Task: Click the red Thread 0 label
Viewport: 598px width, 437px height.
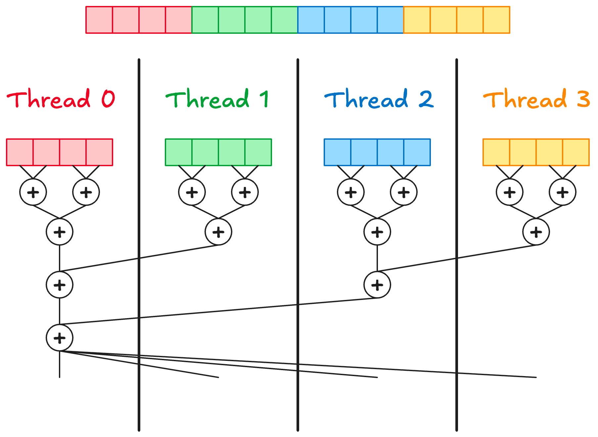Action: coord(61,99)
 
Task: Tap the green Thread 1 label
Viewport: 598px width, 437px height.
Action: coord(217,99)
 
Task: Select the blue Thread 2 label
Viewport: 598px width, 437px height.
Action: coord(379,99)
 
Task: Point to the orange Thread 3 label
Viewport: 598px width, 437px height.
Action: coord(536,99)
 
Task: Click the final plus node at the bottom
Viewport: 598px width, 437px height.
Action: coord(60,338)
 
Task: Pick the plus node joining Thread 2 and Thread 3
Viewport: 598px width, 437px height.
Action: coord(377,285)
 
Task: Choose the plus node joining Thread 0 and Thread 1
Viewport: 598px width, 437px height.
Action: coord(60,285)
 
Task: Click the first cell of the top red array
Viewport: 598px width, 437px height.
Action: coord(99,20)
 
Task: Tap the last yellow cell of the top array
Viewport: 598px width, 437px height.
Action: coord(496,20)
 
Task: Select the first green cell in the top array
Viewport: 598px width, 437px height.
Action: coord(205,20)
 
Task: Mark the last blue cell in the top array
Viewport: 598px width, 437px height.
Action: coord(391,20)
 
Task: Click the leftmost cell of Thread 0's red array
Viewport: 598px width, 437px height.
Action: coord(20,152)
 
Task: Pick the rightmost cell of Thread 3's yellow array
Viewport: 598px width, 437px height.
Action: coord(576,152)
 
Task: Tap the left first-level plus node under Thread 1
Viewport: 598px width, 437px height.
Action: coord(192,192)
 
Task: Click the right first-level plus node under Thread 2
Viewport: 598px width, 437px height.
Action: coord(404,192)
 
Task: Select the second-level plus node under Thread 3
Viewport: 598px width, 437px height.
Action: coord(536,232)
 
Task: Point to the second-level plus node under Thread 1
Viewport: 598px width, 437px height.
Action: coord(218,232)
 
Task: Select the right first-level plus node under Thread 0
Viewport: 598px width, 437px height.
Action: coord(86,192)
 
